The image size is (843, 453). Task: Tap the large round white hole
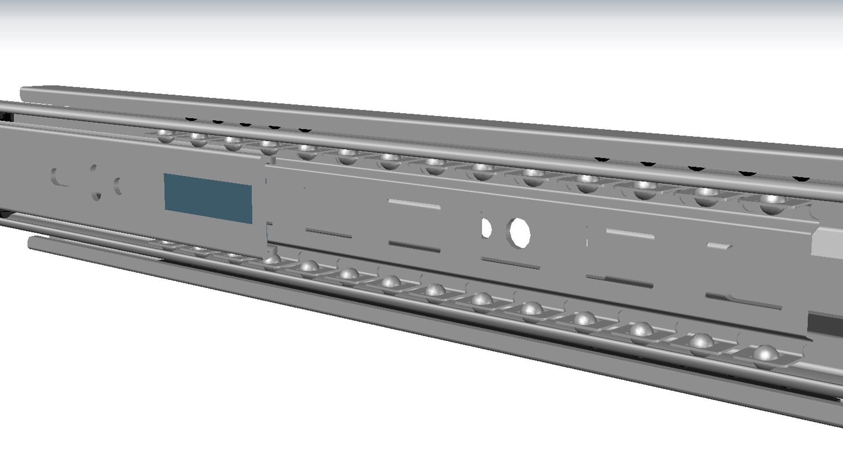[519, 231]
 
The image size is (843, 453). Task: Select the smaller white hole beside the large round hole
[486, 228]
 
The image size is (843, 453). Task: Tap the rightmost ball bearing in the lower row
[765, 354]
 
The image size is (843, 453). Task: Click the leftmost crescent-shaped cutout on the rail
[56, 177]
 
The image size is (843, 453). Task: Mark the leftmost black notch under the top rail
[190, 119]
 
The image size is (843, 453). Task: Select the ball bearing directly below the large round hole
[530, 309]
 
